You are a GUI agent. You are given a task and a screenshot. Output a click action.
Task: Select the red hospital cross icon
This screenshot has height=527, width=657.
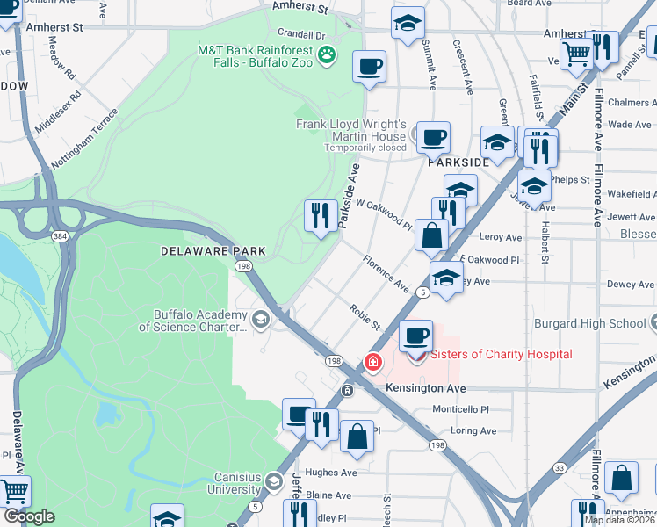pyautogui.click(x=373, y=362)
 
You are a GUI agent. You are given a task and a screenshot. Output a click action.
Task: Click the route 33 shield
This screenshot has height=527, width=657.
pyautogui.click(x=560, y=468)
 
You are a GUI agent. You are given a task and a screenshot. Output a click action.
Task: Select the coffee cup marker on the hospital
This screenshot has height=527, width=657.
pyautogui.click(x=416, y=336)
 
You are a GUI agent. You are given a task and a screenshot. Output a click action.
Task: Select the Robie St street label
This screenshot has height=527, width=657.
pyautogui.click(x=364, y=318)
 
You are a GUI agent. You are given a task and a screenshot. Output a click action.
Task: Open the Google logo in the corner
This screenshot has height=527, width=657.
pyautogui.click(x=29, y=516)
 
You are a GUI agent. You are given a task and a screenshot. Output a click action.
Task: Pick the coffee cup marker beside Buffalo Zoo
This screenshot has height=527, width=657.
pyautogui.click(x=369, y=66)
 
